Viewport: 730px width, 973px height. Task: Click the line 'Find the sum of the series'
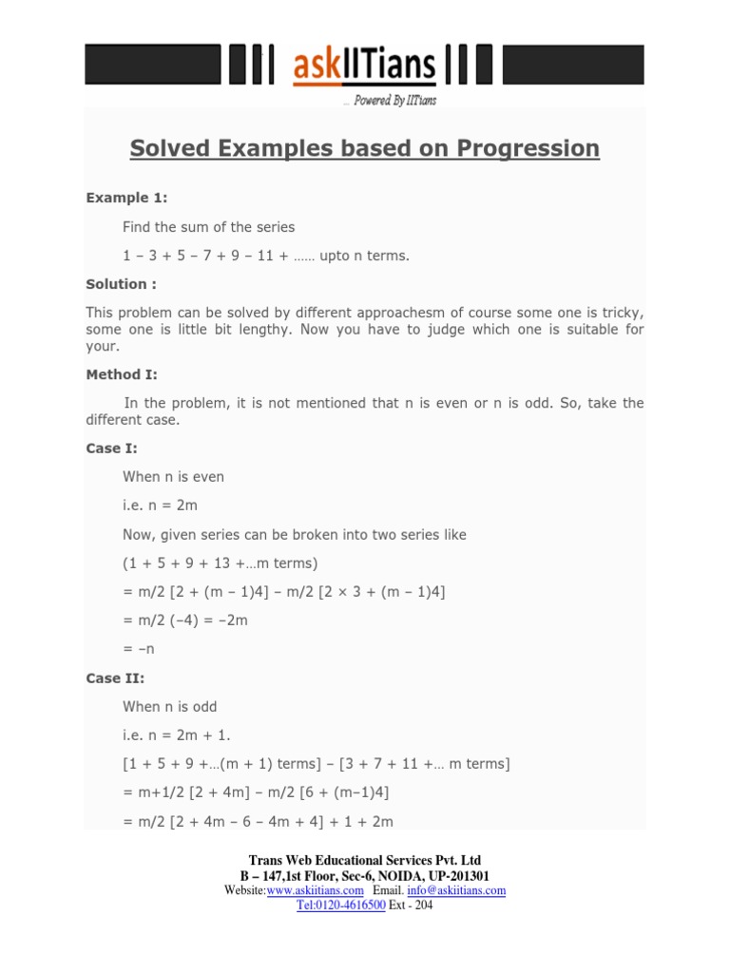click(208, 226)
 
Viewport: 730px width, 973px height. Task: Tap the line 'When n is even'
click(173, 476)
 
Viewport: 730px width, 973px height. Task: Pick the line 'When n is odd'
click(170, 706)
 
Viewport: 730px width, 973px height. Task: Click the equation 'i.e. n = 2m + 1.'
click(176, 735)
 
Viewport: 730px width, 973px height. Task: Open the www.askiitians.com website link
click(315, 890)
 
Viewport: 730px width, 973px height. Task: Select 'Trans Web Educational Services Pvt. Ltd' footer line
click(365, 861)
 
